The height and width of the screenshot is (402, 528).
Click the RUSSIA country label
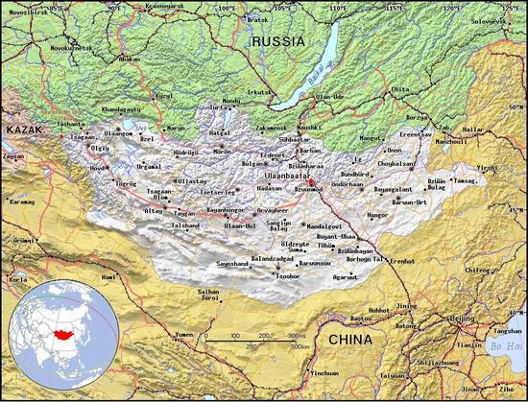(277, 41)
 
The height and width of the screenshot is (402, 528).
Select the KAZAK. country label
(24, 129)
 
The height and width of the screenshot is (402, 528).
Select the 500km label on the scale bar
(300, 345)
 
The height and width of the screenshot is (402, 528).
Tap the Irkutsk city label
(260, 92)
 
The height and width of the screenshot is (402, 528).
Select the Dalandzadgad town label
(271, 259)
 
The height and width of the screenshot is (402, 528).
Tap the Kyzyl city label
(164, 96)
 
